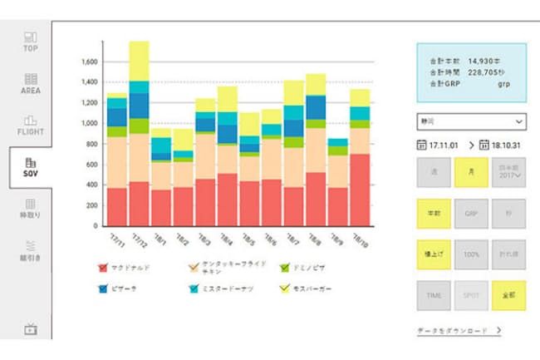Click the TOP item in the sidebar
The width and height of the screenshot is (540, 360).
31,41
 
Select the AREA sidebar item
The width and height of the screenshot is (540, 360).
31,83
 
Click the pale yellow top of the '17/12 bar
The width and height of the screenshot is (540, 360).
139,60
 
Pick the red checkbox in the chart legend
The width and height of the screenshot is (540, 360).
103,268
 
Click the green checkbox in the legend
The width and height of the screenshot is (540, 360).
284,268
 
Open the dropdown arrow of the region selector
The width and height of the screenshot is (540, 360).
517,121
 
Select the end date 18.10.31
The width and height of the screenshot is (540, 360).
507,145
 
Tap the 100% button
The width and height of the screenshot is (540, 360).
470,253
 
